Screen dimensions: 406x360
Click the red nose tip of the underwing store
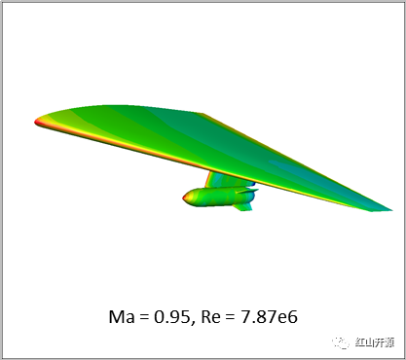[184, 198]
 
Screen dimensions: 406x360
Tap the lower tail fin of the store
[242, 207]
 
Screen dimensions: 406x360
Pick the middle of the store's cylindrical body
[217, 197]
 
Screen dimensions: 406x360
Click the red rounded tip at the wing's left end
[36, 122]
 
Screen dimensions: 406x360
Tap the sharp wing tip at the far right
[390, 210]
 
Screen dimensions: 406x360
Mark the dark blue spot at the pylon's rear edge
[253, 184]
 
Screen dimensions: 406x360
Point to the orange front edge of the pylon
[207, 179]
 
